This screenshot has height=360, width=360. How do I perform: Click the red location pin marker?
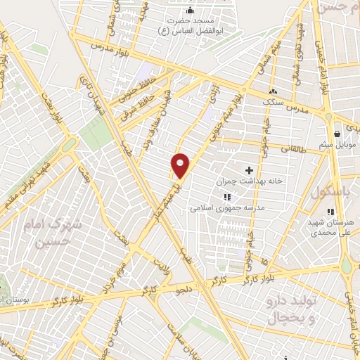pyautogui.click(x=181, y=165)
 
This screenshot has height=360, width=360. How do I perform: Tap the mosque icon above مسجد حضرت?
pyautogui.click(x=189, y=11)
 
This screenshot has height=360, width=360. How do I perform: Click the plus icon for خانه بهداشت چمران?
pyautogui.click(x=248, y=170)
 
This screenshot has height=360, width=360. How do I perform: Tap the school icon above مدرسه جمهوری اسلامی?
pyautogui.click(x=226, y=198)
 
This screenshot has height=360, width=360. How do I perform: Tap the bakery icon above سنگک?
pyautogui.click(x=273, y=91)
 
